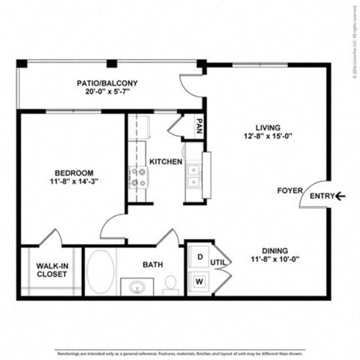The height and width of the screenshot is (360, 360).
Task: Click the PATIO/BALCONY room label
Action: (116, 82)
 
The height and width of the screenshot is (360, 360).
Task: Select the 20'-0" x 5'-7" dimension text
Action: (116, 92)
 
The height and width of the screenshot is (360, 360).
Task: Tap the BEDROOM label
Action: (74, 172)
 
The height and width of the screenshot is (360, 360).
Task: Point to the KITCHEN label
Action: (166, 162)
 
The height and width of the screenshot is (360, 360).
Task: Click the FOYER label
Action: (290, 191)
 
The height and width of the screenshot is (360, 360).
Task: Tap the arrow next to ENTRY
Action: (340, 196)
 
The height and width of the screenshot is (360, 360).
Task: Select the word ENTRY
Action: (322, 196)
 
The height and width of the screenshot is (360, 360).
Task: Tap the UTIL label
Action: (217, 262)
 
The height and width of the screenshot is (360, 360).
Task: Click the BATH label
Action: (152, 264)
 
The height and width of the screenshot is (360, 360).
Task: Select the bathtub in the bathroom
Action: (99, 272)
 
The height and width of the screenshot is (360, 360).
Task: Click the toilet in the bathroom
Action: (170, 285)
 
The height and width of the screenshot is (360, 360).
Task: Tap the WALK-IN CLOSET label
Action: (51, 269)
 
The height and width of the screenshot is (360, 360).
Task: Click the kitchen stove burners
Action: (137, 177)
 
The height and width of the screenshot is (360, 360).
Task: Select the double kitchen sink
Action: (193, 176)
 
